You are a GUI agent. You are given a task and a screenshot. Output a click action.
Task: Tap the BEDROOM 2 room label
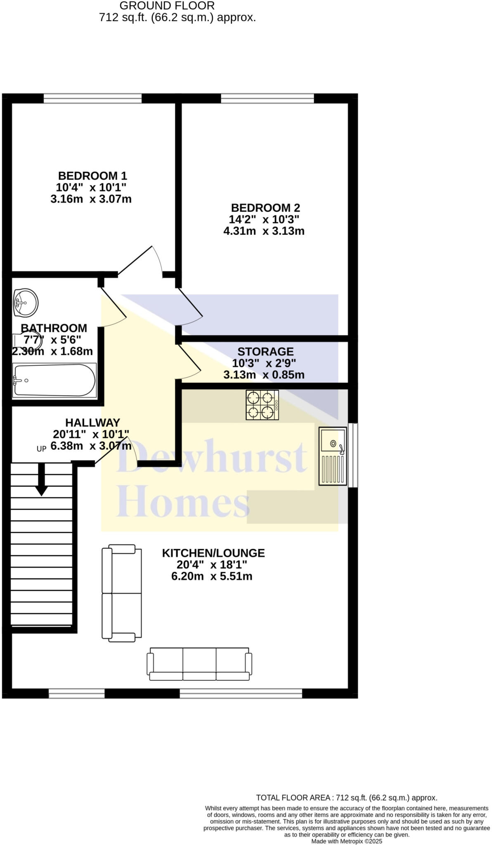tap(265, 208)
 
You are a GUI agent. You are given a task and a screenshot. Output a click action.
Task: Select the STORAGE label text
tap(265, 352)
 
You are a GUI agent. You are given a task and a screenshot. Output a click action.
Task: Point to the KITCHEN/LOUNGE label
tap(213, 553)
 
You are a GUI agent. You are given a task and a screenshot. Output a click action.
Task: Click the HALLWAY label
tap(92, 422)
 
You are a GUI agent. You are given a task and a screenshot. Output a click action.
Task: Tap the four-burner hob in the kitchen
tap(262, 405)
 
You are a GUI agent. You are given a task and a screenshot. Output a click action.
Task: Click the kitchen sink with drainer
tap(333, 456)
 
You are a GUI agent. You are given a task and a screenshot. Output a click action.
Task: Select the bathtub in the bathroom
tap(54, 380)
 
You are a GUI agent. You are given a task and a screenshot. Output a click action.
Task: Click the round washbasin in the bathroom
tap(26, 303)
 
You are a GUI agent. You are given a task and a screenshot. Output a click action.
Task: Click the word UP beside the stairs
tap(41, 449)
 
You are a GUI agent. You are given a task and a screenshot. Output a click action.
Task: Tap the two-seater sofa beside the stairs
tap(122, 593)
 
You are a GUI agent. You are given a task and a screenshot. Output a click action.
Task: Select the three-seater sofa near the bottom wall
tap(199, 664)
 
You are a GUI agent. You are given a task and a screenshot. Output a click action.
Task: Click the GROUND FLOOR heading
tap(167, 6)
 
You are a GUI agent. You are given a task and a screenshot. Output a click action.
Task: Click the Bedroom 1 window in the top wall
tap(92, 98)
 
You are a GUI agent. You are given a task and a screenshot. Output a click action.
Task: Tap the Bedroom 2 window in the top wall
tap(267, 98)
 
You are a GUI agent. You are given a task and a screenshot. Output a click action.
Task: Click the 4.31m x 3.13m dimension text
tap(264, 231)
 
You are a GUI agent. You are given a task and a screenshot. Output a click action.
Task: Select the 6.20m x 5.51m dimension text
tap(212, 576)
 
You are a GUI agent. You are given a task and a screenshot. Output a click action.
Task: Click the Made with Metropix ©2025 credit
tap(347, 841)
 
